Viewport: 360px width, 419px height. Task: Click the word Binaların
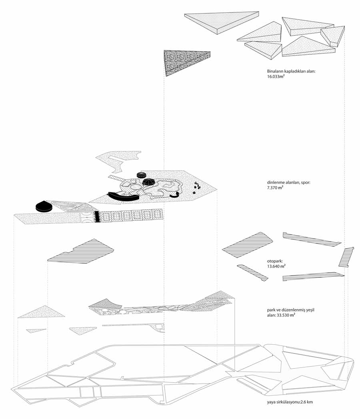(x=275, y=71)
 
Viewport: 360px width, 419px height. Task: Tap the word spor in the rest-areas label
(x=306, y=183)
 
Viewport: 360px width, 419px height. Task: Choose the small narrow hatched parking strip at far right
(x=346, y=257)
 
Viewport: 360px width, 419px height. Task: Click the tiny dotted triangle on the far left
(x=36, y=330)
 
